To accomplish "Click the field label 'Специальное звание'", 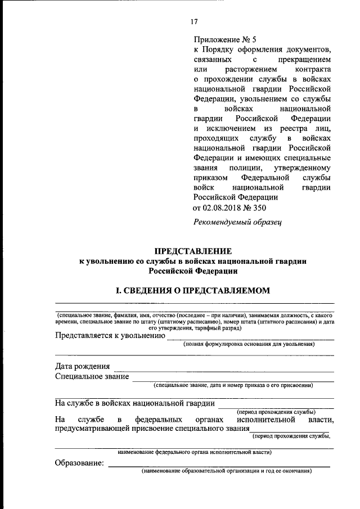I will point(92,376).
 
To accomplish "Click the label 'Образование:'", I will point(79,463).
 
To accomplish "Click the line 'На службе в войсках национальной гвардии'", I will point(134,403).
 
